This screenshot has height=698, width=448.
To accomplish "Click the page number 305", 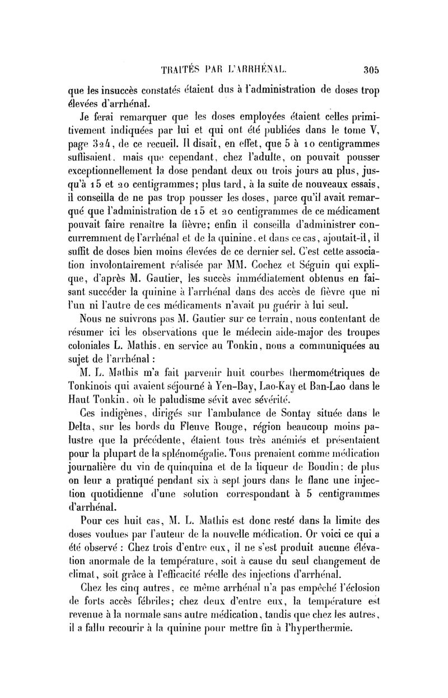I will click(372, 70).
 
